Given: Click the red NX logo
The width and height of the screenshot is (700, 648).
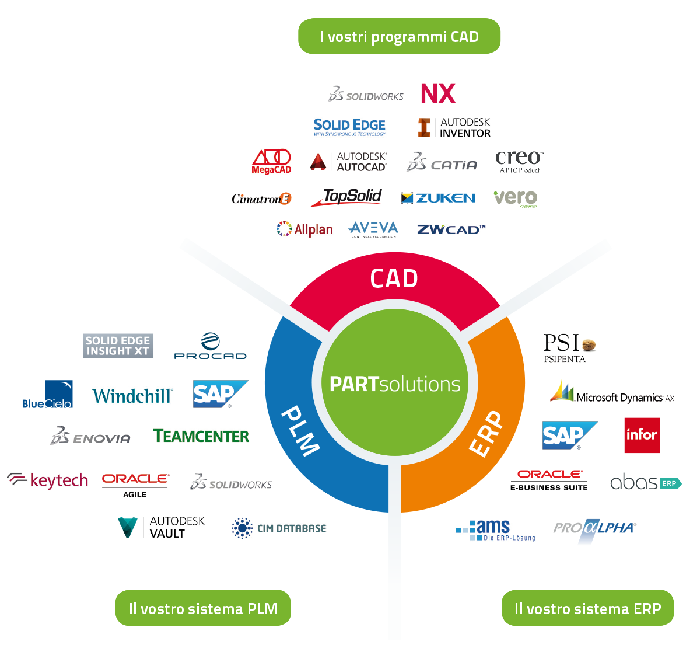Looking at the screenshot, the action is click(x=438, y=93).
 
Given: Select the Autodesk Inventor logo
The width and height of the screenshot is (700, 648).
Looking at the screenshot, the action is click(x=454, y=127).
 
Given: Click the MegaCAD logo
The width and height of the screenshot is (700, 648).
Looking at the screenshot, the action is click(x=271, y=162).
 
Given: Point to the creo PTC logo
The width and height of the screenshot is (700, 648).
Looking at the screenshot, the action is click(x=520, y=162).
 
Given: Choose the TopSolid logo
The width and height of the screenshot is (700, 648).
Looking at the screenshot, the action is click(x=346, y=197).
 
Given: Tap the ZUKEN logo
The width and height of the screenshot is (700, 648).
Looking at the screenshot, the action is click(x=438, y=198).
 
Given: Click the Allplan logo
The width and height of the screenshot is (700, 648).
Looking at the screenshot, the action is click(x=305, y=229).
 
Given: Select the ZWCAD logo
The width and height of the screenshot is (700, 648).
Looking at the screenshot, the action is click(x=451, y=229).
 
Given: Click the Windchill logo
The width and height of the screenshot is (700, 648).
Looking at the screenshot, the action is click(x=132, y=396).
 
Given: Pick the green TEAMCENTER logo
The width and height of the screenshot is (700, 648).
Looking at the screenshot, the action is click(x=201, y=436).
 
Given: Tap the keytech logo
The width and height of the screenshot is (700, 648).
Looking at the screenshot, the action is click(x=48, y=480).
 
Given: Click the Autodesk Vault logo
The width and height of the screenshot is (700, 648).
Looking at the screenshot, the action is click(x=162, y=527).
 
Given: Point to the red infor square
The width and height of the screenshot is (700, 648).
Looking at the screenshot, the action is click(x=642, y=436).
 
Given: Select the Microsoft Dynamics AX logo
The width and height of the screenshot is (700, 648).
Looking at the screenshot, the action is click(x=612, y=392).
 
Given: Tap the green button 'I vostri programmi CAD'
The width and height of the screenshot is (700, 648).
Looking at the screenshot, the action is click(x=399, y=36).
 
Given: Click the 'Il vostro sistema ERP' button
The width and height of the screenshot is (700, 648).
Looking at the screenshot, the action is click(x=587, y=608).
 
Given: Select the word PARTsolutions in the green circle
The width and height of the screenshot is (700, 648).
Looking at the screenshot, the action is click(x=395, y=384).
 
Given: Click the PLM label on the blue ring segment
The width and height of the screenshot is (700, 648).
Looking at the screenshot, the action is click(x=300, y=431).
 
